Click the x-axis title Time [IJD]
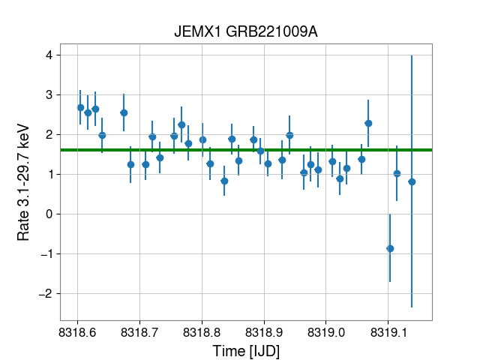coord(246,349)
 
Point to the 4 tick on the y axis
coord(48,55)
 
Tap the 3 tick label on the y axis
coord(48,95)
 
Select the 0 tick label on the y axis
coord(48,214)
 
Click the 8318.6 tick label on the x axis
coord(79,331)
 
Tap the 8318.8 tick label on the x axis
coord(202,331)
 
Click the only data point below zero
coord(390,248)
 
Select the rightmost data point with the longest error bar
coord(412,181)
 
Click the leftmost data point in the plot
coord(80,107)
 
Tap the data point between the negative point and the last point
coord(397,173)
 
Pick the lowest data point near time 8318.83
coord(224,181)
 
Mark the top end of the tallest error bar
coord(412,56)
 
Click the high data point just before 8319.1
coord(368,123)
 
